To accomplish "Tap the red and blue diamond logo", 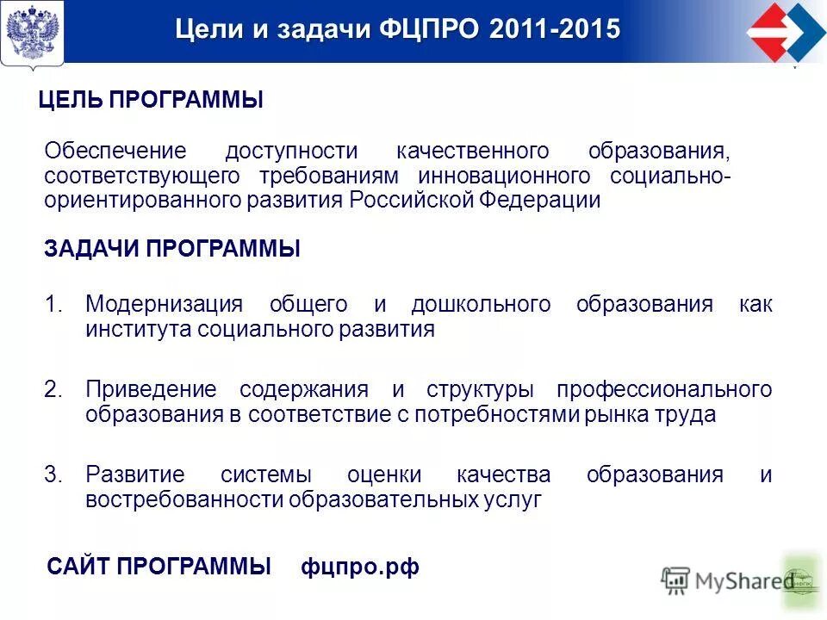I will click(785, 33).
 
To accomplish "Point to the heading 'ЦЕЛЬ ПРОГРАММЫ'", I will click(151, 101).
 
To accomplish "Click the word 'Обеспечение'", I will click(115, 152).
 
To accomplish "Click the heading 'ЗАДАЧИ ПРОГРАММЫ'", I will click(172, 250).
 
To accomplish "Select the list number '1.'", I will click(54, 304).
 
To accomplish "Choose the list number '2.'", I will click(54, 389).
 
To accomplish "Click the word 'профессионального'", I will click(663, 389).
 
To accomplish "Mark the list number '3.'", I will click(54, 474).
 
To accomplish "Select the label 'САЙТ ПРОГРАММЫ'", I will click(159, 567).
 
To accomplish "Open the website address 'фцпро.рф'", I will click(360, 567).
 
